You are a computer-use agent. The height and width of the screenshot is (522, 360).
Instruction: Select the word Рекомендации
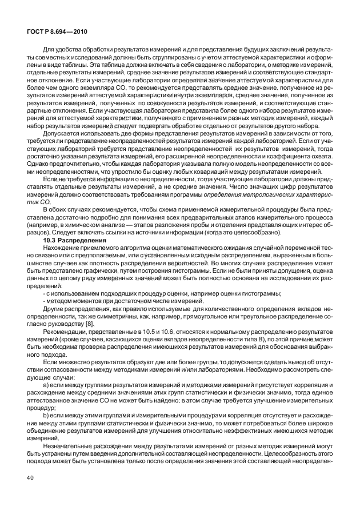point(64,332)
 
